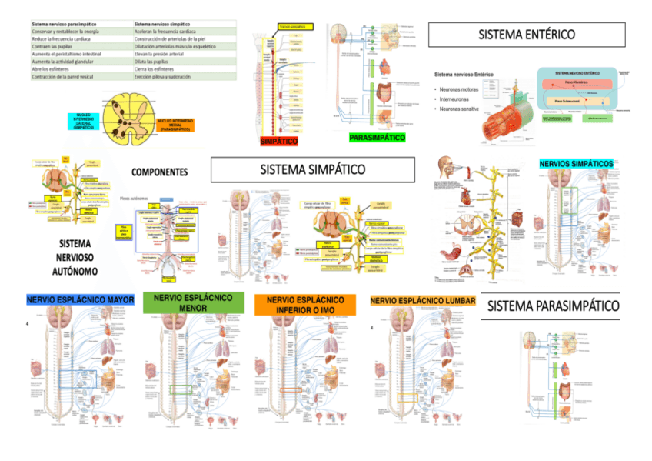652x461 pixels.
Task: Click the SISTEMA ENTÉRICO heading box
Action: pos(527,35)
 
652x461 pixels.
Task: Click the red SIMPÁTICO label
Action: pos(278,142)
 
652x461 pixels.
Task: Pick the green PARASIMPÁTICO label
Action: pos(378,137)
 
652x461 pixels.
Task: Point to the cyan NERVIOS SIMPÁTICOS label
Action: pos(577,164)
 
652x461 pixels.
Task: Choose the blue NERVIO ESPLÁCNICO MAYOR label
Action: pos(80,299)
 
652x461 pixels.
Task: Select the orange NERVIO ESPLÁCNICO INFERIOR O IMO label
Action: pos(305,305)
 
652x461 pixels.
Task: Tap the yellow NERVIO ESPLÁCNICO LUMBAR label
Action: pos(422,300)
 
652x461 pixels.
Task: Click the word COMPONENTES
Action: pos(160,172)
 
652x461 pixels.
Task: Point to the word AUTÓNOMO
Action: pos(75,272)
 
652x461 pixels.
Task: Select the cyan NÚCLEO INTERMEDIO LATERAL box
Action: pos(84,122)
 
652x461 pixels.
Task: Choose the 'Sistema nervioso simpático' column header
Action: pos(167,24)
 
